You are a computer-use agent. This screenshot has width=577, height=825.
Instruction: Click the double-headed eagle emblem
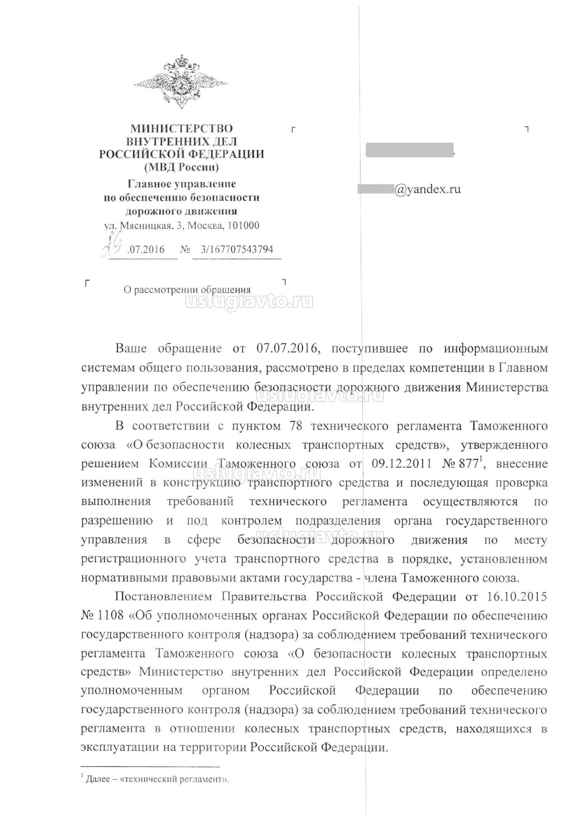(x=181, y=82)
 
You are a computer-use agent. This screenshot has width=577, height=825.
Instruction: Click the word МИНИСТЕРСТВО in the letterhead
(x=181, y=128)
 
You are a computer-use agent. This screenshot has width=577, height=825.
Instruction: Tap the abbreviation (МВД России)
(x=181, y=167)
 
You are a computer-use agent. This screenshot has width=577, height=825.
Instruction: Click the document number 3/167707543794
(x=236, y=249)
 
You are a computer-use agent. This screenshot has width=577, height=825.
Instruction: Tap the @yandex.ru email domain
(x=427, y=189)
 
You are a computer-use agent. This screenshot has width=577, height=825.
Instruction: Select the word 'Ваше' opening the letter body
(x=131, y=348)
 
